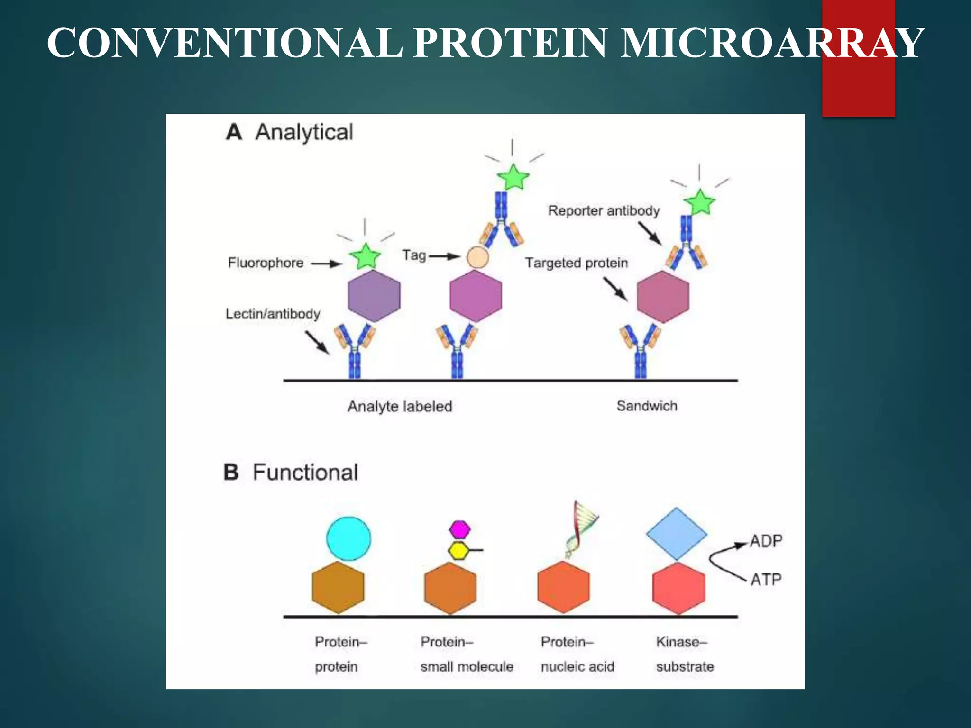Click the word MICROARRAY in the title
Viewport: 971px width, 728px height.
[x=772, y=44]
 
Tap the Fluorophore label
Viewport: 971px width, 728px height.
[x=266, y=263]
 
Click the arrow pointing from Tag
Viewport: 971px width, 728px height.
[x=444, y=256]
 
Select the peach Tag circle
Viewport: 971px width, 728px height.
[x=477, y=257]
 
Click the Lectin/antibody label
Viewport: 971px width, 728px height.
[x=273, y=314]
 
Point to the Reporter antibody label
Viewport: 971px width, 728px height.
[x=604, y=210]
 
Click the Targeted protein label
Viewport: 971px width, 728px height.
[x=576, y=263]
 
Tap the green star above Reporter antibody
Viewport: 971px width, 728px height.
[x=699, y=202]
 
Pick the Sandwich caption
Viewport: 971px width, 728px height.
[x=647, y=406]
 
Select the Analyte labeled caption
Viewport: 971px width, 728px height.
[x=400, y=406]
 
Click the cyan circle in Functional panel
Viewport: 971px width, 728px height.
[x=348, y=539]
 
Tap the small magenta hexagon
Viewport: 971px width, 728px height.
[x=459, y=529]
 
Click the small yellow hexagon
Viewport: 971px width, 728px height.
[x=459, y=550]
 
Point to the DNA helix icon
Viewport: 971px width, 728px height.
[x=582, y=528]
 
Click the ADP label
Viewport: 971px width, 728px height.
[x=766, y=541]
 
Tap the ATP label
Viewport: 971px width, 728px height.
[x=766, y=579]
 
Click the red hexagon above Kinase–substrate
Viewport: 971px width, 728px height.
[x=678, y=588]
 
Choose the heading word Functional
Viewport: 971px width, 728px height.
[x=305, y=473]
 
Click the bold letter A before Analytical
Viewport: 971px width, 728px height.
[x=234, y=132]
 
